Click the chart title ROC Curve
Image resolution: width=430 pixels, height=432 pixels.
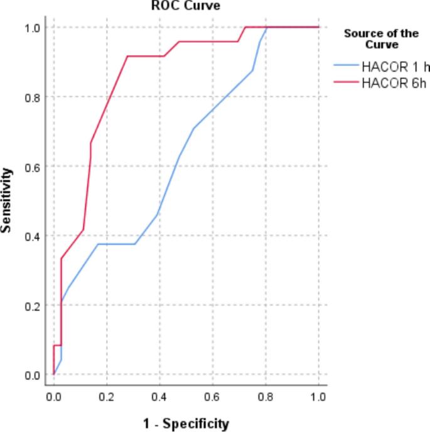pos(189,6)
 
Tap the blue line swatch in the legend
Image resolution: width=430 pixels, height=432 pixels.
pos(346,65)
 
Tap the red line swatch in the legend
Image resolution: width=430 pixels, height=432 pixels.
pos(346,82)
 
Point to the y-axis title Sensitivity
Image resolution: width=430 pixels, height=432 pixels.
pos(8,200)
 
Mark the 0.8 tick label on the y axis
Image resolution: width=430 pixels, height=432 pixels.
pos(32,97)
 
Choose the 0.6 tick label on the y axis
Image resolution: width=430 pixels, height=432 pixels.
pos(32,166)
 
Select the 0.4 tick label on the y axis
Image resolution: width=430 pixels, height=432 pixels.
pos(32,236)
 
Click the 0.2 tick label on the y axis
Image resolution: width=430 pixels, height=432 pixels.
pos(32,306)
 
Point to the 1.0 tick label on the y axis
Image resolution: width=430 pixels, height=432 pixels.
pos(32,28)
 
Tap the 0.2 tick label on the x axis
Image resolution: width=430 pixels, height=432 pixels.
pos(107,397)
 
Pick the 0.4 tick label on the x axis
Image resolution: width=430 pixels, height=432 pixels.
pos(159,397)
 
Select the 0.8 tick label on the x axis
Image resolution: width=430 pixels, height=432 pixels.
pos(266,397)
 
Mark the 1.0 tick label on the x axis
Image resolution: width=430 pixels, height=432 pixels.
pos(318,397)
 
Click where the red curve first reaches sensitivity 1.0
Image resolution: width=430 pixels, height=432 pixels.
pos(245,27)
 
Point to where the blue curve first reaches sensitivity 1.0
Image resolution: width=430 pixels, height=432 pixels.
pos(267,27)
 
